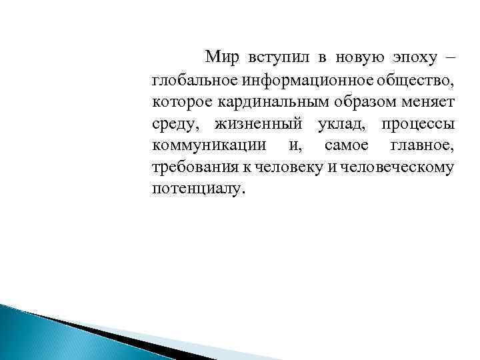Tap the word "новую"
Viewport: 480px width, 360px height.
tap(353, 58)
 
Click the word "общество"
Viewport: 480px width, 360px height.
tap(411, 81)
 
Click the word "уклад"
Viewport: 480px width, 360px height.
tap(341, 124)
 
